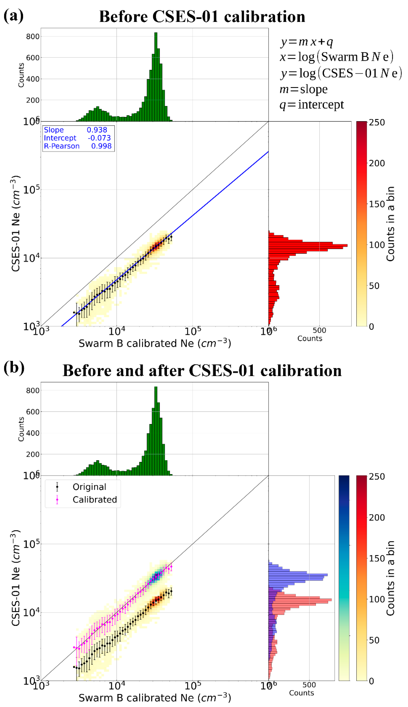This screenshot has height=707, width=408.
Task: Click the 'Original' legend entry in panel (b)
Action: pos(89,487)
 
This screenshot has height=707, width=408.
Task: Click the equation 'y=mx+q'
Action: pos(307,42)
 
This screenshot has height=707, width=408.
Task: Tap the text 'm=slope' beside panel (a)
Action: pos(303,89)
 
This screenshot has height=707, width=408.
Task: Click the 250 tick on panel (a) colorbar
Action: pos(377,123)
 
